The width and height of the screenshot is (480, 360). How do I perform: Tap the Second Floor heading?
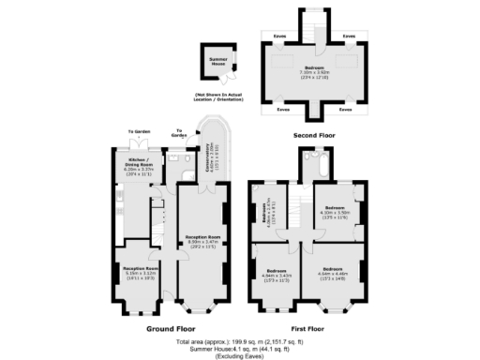coord(314,136)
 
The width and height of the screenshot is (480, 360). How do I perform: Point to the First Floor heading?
coord(307,329)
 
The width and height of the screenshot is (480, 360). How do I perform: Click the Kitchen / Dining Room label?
coord(140,165)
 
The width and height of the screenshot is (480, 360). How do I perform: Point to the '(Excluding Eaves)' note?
coord(240,356)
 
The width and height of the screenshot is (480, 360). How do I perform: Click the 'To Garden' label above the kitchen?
coord(139,132)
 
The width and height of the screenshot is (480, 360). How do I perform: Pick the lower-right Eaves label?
coord(346,109)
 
